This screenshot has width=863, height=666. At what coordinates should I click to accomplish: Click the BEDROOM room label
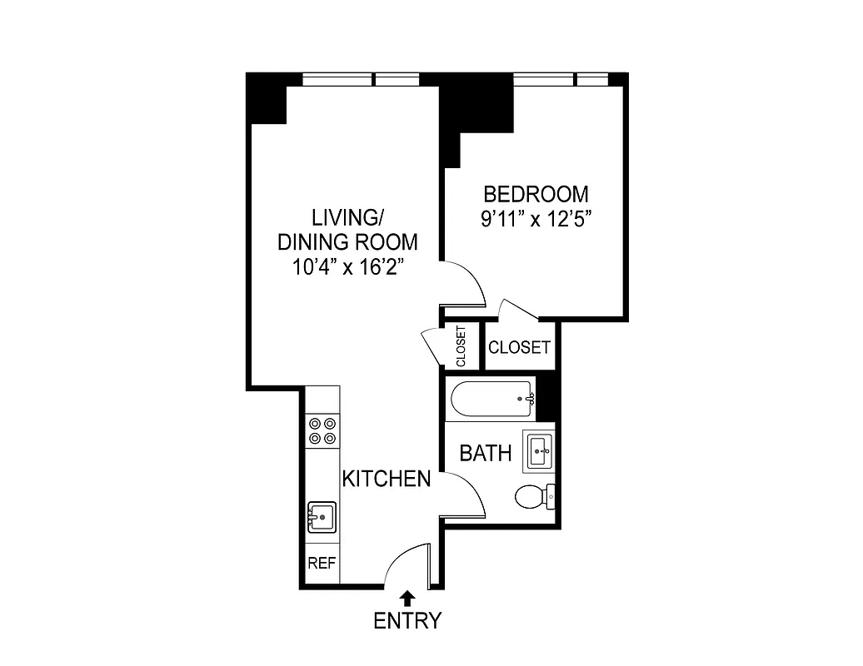coord(536,195)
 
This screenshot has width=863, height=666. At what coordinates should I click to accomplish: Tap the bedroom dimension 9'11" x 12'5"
coord(536,221)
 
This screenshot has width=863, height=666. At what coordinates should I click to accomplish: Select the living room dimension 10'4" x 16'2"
coord(347,268)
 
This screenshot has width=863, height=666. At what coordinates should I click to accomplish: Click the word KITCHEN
coord(387,479)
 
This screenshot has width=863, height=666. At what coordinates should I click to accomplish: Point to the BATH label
coord(486,454)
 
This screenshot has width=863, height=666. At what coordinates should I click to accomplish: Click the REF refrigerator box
coord(322,563)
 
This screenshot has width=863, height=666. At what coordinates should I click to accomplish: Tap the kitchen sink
coord(322,516)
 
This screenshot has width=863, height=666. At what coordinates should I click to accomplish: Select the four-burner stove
coord(322,430)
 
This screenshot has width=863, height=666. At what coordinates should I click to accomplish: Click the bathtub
coord(491,399)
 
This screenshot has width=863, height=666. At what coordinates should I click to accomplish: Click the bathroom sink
coord(538,451)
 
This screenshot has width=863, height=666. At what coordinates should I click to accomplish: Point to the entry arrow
coord(407,597)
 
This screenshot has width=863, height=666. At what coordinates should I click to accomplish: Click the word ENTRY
coord(407,621)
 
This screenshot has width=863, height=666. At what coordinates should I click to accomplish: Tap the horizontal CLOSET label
coord(520,347)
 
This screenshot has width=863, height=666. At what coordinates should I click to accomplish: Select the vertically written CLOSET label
coord(461,346)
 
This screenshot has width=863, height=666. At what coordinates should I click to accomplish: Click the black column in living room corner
coord(267,97)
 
